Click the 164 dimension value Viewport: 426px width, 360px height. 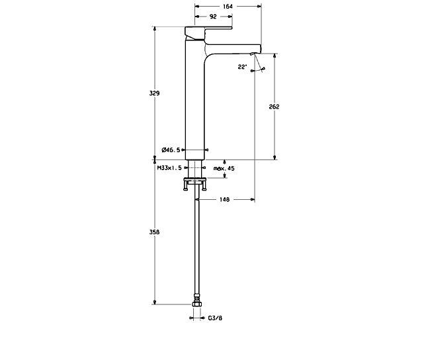(228, 7)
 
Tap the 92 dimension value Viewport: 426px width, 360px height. (213, 17)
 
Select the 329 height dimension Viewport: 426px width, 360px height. (154, 93)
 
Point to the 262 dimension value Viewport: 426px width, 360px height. (275, 107)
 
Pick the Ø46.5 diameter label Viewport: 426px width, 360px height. (171, 150)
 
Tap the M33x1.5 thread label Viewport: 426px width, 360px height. (169, 169)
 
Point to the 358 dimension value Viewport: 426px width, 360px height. (154, 232)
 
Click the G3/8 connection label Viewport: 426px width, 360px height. (215, 318)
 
